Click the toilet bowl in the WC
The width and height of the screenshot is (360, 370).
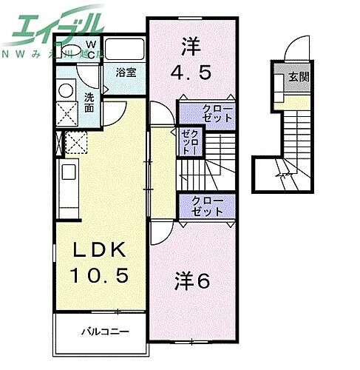[72, 50]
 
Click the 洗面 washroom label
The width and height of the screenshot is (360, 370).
[89, 102]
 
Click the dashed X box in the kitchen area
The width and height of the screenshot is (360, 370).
[76, 141]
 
